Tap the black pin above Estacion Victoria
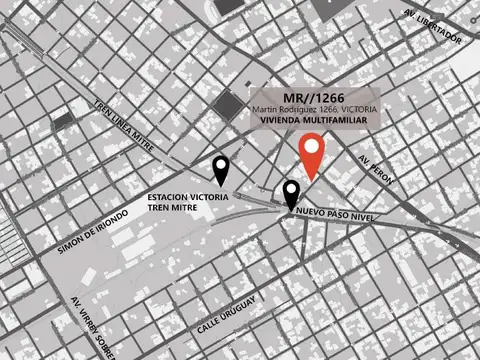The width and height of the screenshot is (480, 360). tap(221, 170)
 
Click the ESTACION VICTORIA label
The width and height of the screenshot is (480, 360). tap(188, 197)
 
